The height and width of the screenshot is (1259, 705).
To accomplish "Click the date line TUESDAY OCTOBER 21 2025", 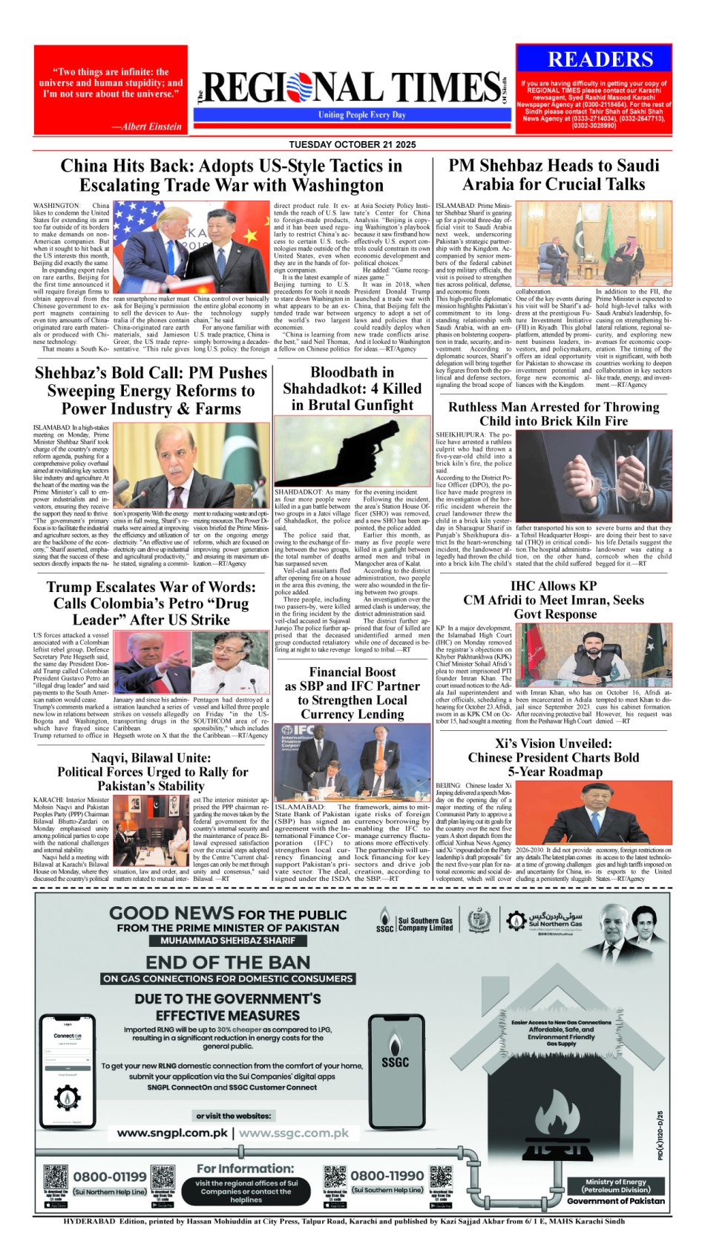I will point(352,144).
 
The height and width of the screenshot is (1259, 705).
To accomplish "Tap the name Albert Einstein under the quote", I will point(146,126).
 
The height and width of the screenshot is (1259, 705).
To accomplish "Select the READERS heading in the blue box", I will point(600,60).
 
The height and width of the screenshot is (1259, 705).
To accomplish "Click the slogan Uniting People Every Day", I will point(362,115).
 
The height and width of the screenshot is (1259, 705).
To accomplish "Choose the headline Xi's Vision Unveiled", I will point(553,757).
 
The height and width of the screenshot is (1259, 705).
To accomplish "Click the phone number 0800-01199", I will point(110,1177).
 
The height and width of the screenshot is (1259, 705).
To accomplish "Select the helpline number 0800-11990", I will point(387,1176).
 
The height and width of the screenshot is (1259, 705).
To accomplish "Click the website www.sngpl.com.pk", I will point(172,1133).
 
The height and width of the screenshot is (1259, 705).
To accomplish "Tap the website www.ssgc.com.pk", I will point(293,1133).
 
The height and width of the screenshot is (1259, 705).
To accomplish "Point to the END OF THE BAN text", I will point(228,962).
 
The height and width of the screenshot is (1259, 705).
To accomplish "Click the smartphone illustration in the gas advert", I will point(68,1069).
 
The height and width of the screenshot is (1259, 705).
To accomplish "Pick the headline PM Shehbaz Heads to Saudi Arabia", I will point(554,175).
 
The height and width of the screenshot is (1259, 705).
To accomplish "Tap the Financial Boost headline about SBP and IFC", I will point(352,693).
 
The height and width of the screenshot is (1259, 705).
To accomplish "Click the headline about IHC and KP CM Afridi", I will point(554,599).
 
